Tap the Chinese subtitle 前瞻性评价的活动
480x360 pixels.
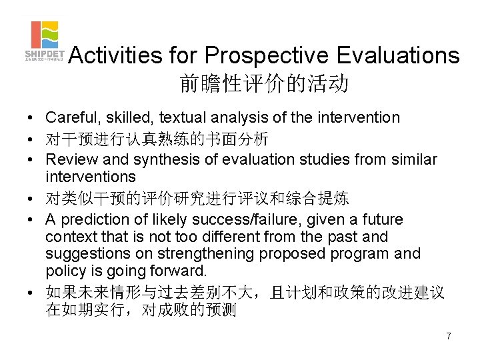pyautogui.click(x=264, y=83)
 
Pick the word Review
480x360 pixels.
pyautogui.click(x=69, y=160)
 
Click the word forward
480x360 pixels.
pyautogui.click(x=181, y=271)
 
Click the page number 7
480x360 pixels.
pyautogui.click(x=449, y=336)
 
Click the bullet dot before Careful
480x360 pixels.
pyautogui.click(x=31, y=119)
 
